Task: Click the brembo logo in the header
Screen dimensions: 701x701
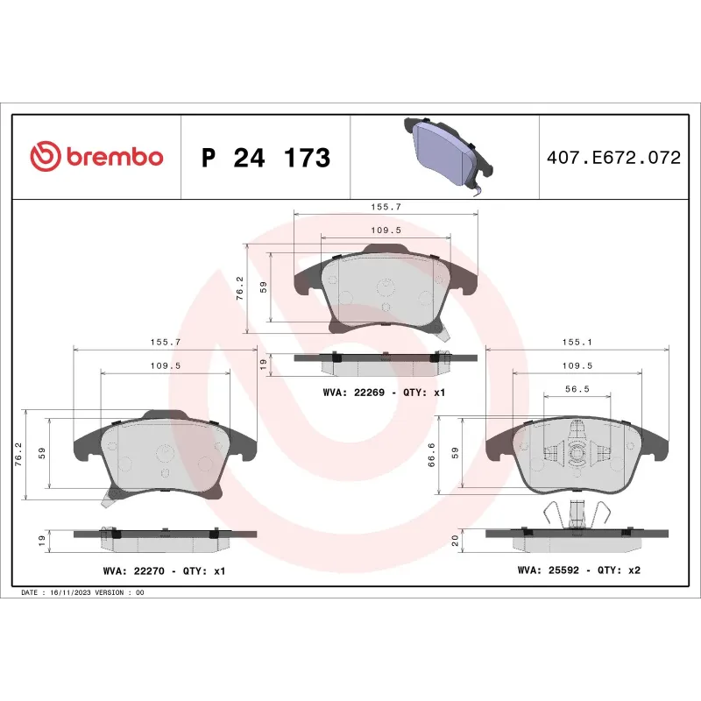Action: click(x=97, y=158)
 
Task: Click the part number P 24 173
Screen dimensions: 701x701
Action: click(x=266, y=159)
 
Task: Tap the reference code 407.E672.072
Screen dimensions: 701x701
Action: click(x=612, y=159)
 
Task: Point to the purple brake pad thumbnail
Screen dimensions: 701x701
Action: click(x=443, y=153)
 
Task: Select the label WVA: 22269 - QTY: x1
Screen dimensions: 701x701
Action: click(x=384, y=393)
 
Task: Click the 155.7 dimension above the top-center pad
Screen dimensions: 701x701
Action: click(x=386, y=207)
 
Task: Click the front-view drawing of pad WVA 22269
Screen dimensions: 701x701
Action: click(x=386, y=289)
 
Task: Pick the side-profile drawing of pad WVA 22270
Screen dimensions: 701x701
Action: click(x=165, y=537)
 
